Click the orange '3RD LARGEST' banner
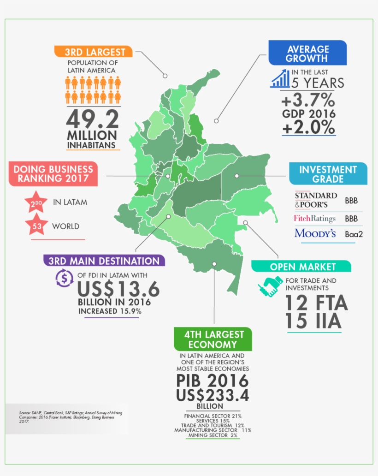93,51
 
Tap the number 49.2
92,119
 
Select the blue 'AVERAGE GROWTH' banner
307,54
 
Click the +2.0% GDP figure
308,127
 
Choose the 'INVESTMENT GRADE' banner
328,174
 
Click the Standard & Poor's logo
316,199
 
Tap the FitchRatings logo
314,218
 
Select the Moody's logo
315,233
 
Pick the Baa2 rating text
354,234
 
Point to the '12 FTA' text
316,303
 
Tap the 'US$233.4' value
213,396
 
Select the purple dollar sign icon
64,278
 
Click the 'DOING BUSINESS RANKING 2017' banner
53,174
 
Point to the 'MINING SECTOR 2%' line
212,435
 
